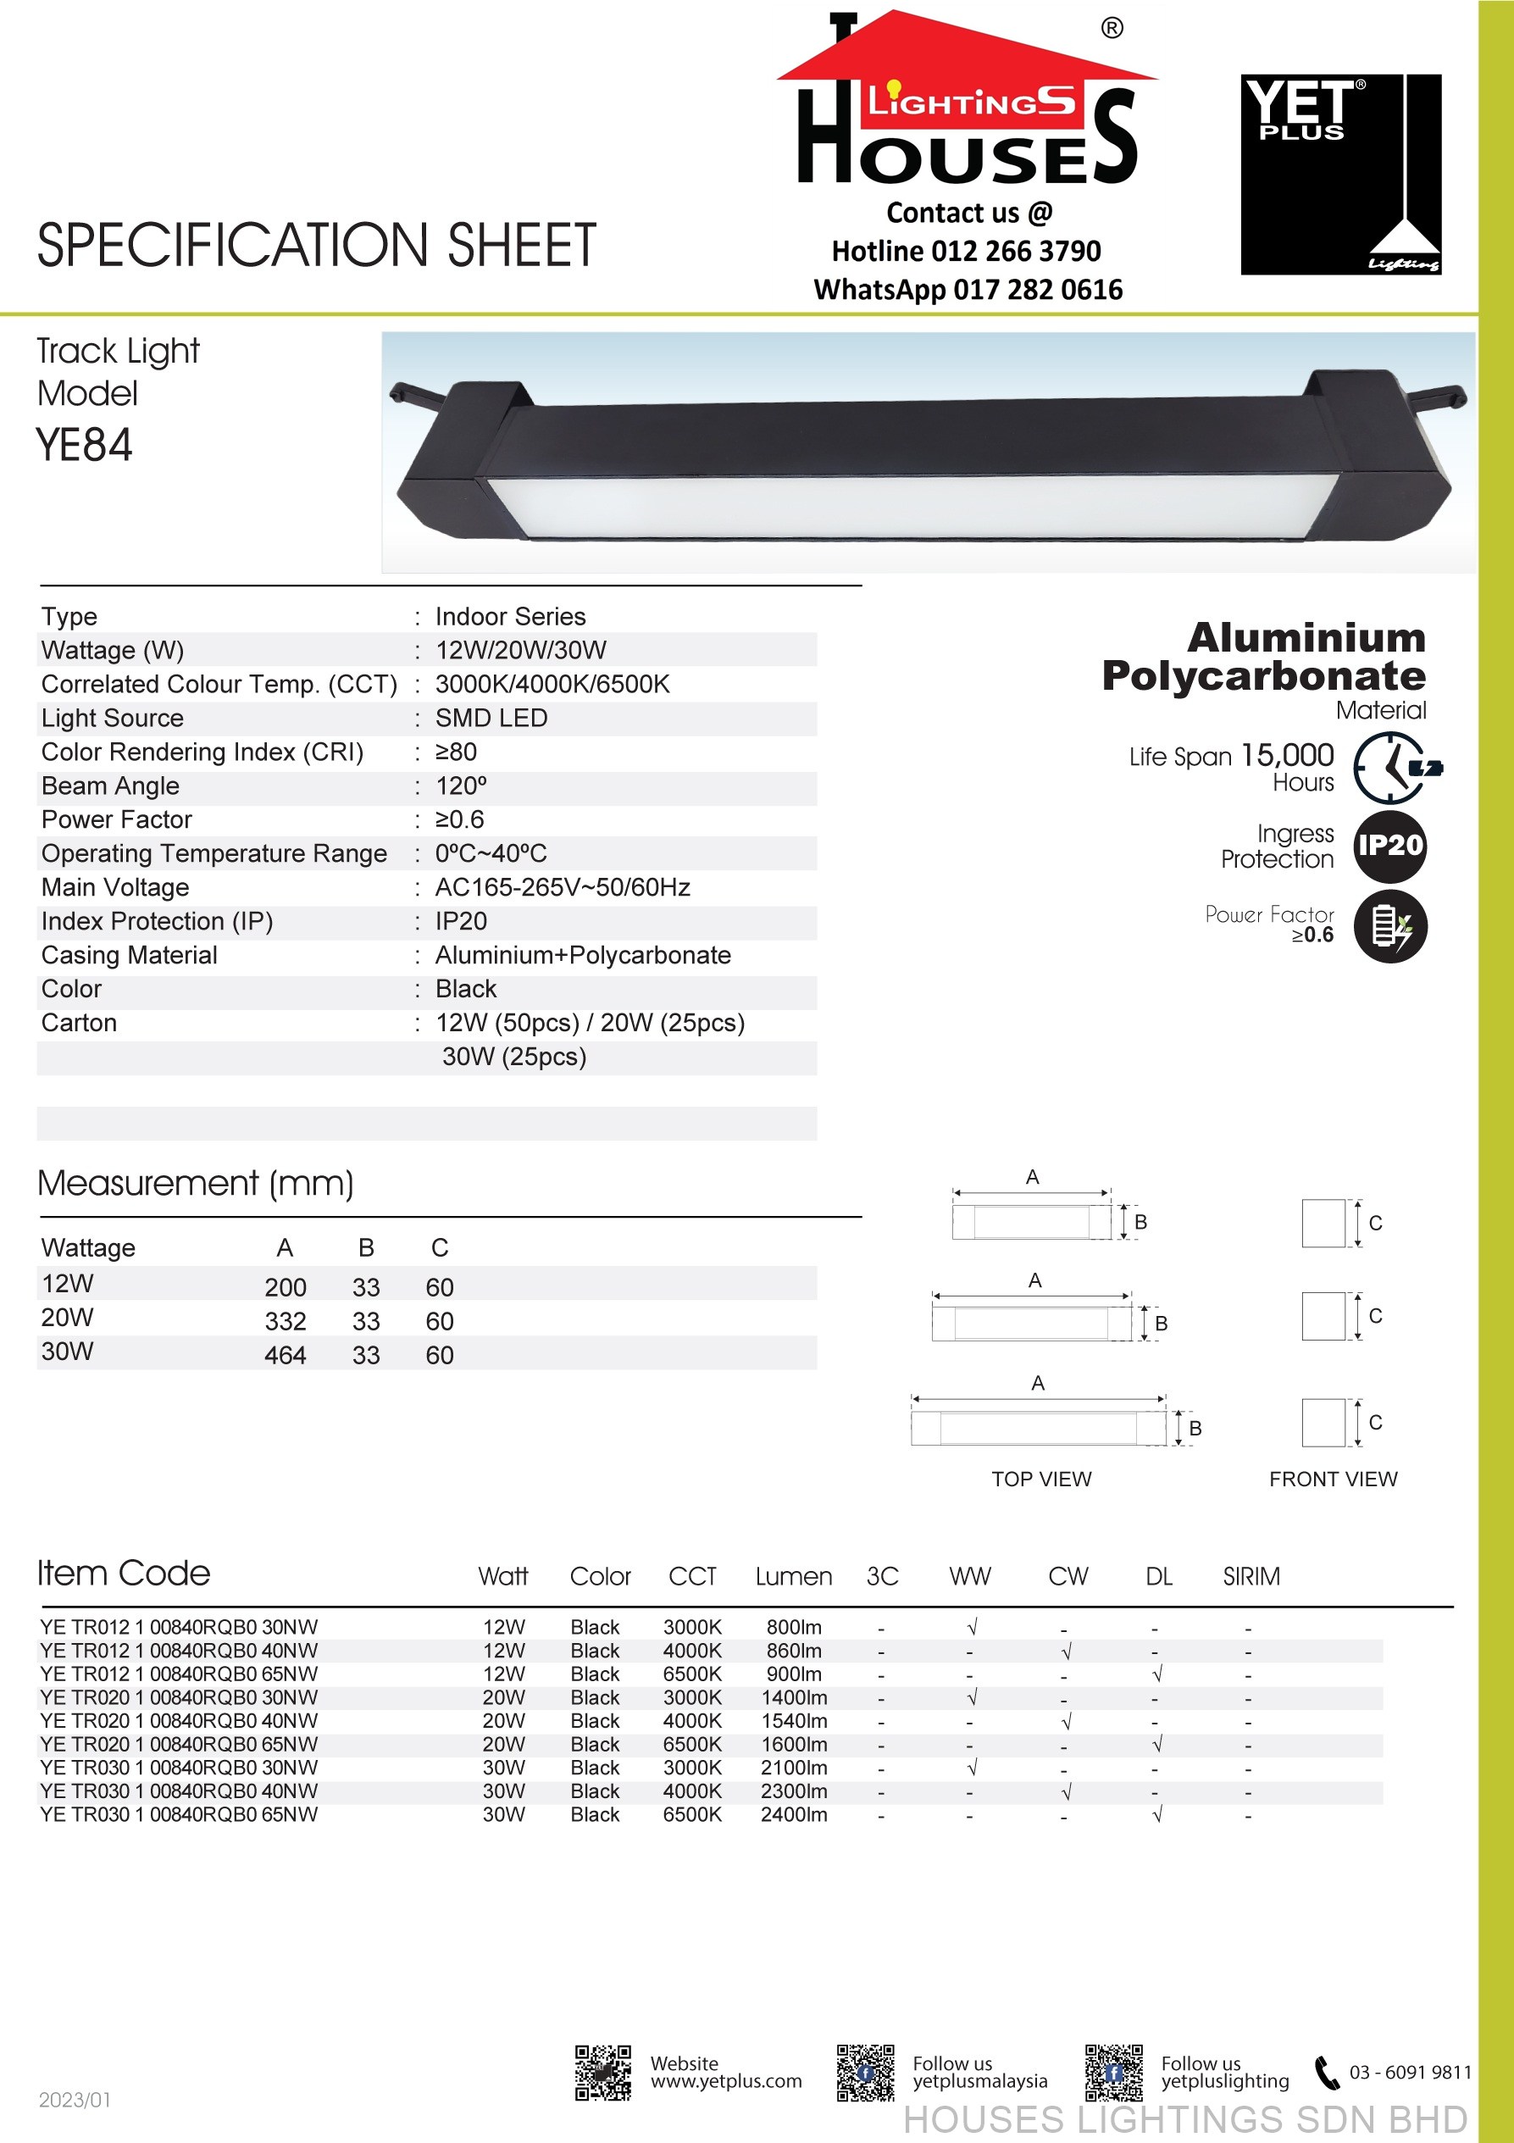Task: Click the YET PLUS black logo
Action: click(1340, 175)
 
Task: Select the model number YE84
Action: click(84, 445)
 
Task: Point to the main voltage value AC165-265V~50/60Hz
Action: click(562, 888)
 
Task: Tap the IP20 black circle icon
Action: click(1389, 847)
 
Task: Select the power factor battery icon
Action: click(1389, 927)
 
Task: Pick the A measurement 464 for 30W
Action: click(285, 1355)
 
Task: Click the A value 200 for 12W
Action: click(285, 1288)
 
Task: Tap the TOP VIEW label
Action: click(1040, 1480)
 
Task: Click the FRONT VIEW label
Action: click(1333, 1480)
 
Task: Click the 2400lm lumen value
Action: click(793, 1814)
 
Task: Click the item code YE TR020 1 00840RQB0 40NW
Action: click(178, 1721)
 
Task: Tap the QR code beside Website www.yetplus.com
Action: click(603, 2073)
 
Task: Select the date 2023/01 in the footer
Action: click(75, 2100)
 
